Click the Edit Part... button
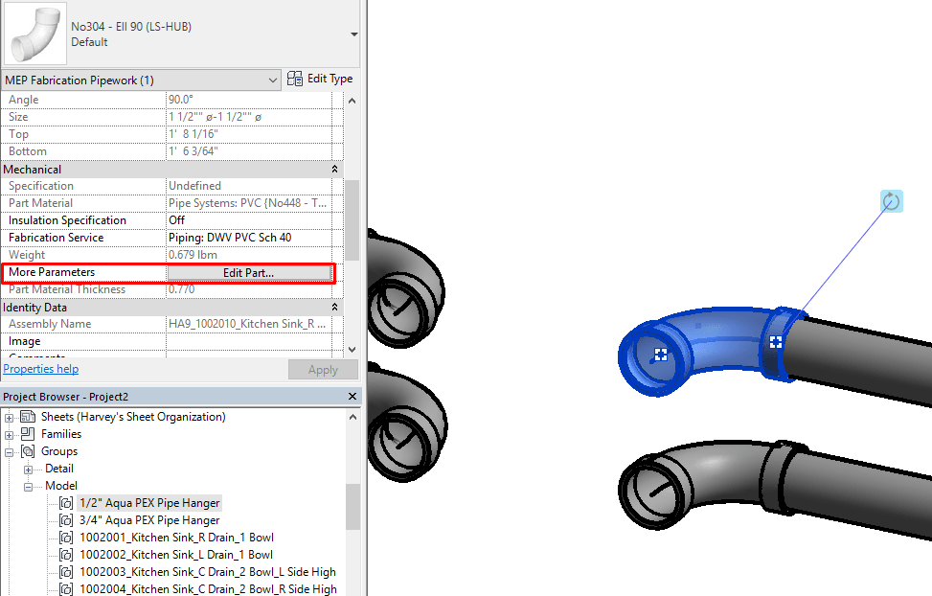pos(249,273)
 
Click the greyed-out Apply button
pos(323,370)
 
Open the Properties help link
pos(41,369)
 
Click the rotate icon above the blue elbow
pos(892,201)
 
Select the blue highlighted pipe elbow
pos(709,335)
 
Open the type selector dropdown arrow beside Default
pos(354,34)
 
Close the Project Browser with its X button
pos(352,396)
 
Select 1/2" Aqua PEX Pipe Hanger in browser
pos(148,503)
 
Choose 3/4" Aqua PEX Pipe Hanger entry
pos(148,520)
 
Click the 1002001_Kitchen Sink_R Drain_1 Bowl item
pos(176,538)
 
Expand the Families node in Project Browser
pos(10,434)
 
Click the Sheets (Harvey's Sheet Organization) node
pos(133,417)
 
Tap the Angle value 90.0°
pos(181,100)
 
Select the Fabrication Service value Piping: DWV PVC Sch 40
pos(230,238)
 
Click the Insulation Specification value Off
pos(177,220)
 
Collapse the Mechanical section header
pos(334,170)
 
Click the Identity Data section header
pos(35,308)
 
